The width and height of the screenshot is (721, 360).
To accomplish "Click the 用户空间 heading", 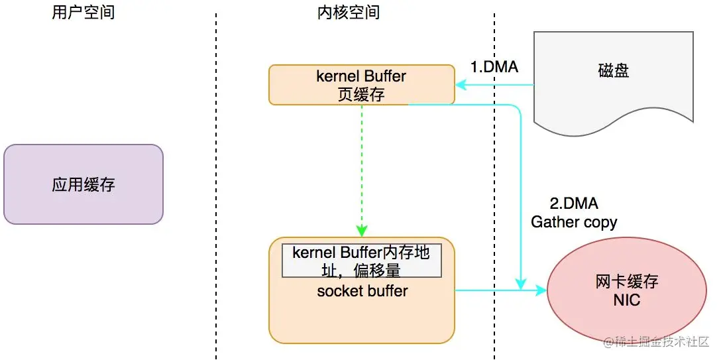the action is click(83, 13).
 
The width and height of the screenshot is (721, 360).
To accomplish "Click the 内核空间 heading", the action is click(349, 13).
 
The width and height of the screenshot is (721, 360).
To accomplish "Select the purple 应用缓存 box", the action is click(83, 184).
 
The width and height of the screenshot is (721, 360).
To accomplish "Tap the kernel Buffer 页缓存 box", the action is click(361, 85).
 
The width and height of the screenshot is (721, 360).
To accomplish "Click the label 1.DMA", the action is click(494, 67).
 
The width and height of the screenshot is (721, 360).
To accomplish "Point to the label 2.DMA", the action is click(575, 204).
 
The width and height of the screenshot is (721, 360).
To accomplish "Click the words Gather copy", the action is click(574, 222).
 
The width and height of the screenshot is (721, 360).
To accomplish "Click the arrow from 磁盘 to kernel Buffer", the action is click(494, 85).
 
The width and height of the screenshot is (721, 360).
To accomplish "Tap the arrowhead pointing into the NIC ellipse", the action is click(541, 290).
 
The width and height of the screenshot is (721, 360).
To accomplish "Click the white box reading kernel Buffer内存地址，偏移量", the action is click(361, 261).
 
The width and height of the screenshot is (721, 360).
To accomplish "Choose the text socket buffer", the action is click(362, 291).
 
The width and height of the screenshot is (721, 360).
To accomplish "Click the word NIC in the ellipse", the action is click(627, 300).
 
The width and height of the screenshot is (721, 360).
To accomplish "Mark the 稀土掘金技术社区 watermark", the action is click(657, 341).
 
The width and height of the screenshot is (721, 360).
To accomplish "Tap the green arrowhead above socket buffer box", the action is click(362, 230).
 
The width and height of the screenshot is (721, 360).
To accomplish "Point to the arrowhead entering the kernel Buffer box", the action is click(461, 85).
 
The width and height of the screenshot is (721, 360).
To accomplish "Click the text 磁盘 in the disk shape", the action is click(614, 71).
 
